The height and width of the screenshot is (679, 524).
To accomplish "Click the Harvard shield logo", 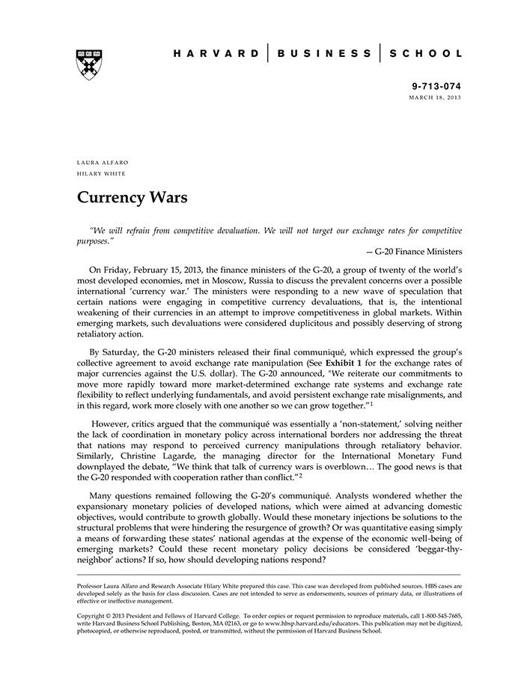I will coord(89,64).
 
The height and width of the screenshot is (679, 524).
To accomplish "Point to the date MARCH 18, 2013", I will coord(435,98).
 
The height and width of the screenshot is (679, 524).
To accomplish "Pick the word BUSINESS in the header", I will coord(323,53).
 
